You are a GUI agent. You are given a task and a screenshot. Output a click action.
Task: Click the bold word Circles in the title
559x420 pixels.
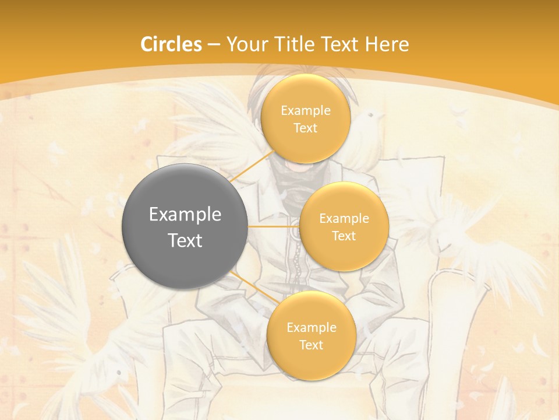point(171,44)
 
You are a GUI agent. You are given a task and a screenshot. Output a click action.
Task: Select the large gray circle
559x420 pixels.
point(185,226)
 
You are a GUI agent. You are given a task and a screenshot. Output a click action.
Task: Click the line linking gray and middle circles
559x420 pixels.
point(274,226)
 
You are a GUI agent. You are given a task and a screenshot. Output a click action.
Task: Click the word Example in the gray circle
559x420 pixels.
point(185,215)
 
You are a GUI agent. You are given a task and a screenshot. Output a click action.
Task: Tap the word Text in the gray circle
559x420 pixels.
point(185,240)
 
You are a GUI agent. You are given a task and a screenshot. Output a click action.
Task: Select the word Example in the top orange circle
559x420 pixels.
point(305,111)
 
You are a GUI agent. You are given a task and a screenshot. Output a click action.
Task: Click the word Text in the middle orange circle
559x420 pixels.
point(344,236)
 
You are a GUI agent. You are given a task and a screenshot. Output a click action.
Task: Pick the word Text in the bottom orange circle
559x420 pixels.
point(311,345)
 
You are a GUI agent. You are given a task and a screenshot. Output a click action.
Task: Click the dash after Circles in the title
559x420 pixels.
point(213,44)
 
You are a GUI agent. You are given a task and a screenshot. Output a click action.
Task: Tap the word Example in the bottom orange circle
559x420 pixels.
point(311,327)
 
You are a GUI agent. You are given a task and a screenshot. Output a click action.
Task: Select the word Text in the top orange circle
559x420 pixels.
point(305,128)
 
